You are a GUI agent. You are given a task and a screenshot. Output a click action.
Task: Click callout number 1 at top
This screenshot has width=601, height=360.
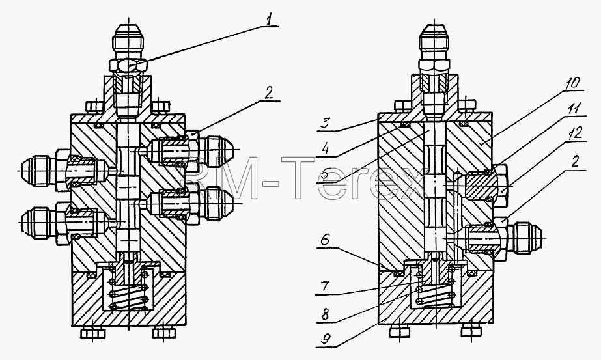click(271, 20)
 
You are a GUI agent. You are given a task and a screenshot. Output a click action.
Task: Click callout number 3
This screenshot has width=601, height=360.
click(325, 124)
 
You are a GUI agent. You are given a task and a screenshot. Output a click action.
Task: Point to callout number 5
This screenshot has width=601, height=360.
click(325, 176)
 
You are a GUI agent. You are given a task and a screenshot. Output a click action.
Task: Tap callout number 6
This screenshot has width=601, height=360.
click(325, 240)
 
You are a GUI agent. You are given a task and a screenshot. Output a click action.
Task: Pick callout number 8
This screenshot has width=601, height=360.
click(325, 314)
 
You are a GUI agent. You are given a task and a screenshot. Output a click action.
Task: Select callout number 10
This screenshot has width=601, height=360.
click(572, 83)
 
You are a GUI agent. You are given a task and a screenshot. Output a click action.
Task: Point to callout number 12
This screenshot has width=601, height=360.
click(576, 133)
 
